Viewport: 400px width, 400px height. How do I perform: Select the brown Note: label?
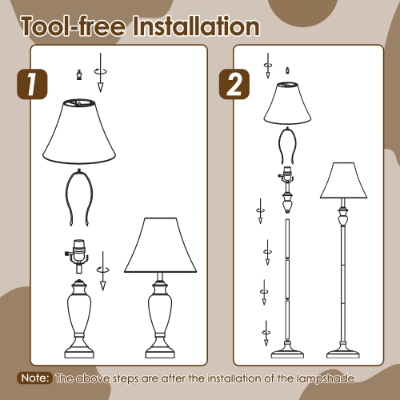click(35, 378)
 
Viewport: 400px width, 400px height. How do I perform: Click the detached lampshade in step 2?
click(286, 104)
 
